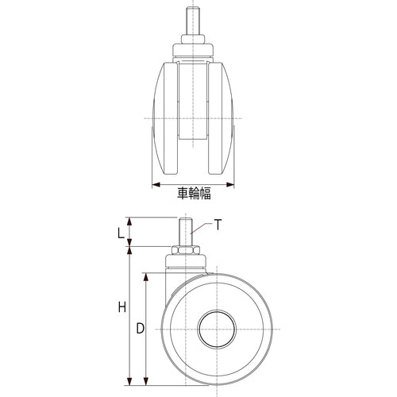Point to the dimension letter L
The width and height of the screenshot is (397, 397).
click(120, 233)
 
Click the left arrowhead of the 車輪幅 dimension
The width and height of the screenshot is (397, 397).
click(153, 184)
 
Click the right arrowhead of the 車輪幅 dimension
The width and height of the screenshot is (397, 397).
click(232, 184)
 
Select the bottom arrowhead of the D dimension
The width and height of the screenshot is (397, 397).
click(145, 380)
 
